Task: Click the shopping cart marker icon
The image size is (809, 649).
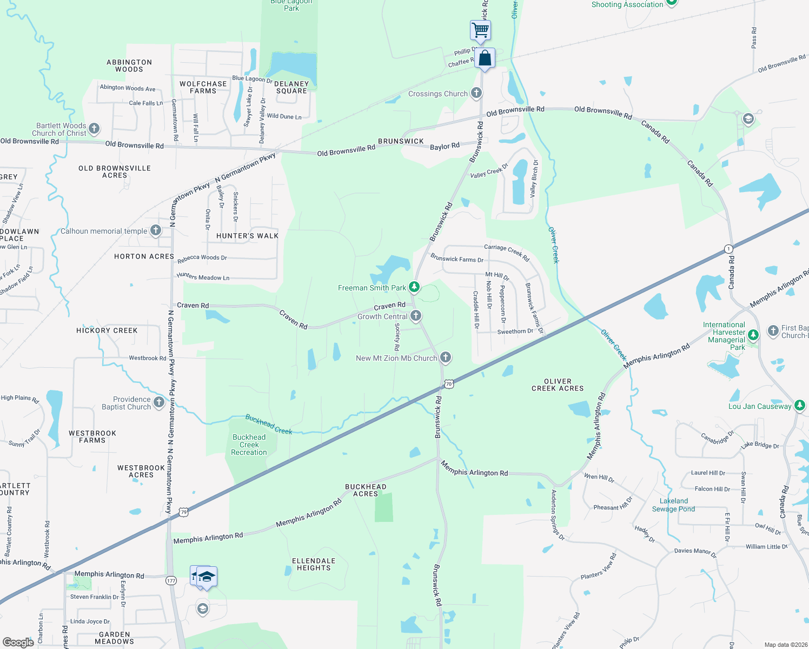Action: click(480, 30)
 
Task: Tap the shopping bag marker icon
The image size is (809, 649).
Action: click(485, 58)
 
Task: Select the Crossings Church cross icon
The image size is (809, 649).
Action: click(476, 93)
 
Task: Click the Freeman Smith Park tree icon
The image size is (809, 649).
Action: click(414, 287)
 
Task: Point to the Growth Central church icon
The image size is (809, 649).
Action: click(416, 315)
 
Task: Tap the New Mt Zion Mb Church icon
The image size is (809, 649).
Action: click(446, 357)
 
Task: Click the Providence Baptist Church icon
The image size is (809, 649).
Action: click(159, 402)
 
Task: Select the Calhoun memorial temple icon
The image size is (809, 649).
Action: click(156, 230)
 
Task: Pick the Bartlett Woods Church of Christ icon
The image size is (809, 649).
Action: click(94, 128)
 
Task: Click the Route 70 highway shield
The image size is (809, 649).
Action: click(449, 384)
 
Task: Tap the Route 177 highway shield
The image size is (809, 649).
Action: click(171, 580)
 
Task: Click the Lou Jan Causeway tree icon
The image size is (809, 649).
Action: click(800, 405)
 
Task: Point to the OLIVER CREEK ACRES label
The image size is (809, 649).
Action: click(558, 385)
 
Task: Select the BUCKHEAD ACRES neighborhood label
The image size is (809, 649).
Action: click(366, 490)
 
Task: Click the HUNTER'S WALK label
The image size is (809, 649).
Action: click(247, 236)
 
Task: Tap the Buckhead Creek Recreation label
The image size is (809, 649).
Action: click(249, 445)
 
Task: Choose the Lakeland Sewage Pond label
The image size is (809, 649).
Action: click(673, 505)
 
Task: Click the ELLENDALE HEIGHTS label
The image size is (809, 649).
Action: click(314, 564)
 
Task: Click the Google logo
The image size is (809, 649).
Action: click(18, 642)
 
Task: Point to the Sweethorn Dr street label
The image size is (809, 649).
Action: click(515, 332)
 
